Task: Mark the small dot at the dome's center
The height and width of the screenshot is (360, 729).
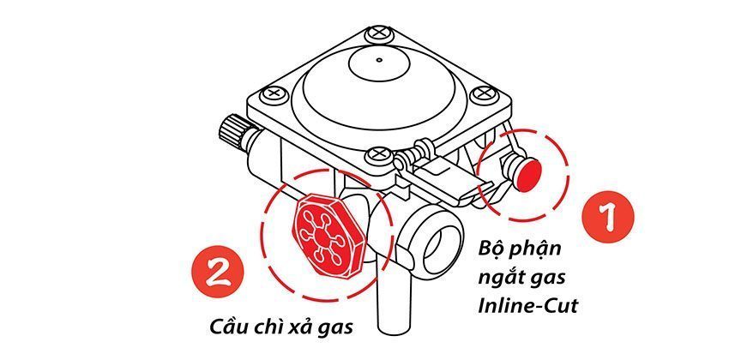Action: (x=378, y=61)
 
